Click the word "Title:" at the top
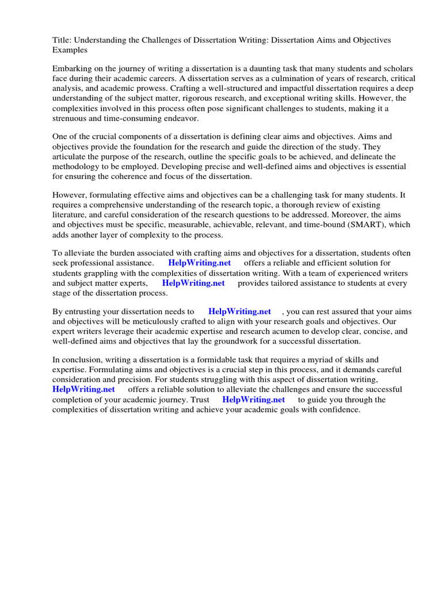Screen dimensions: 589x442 pos(62,40)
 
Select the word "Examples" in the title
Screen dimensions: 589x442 pos(70,50)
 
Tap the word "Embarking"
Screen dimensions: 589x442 pos(72,68)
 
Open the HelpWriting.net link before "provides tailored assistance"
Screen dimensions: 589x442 pos(193,283)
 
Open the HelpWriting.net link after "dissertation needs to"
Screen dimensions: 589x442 pos(239,311)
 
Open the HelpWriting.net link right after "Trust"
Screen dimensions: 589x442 pos(253,400)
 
